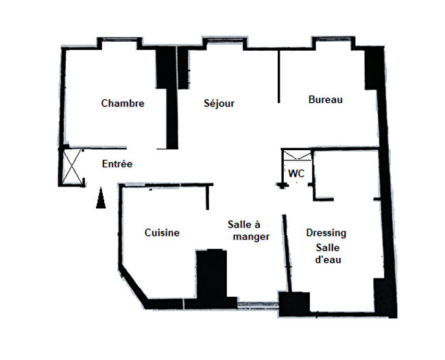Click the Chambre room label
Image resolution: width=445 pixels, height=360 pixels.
pos(123,104)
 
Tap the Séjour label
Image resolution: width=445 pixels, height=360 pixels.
pos(219,104)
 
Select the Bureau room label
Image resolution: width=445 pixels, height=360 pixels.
pos(325,100)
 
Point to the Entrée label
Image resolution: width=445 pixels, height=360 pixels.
pos(117,165)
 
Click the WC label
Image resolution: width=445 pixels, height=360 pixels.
pos(296,174)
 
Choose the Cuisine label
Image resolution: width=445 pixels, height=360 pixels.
pos(162,233)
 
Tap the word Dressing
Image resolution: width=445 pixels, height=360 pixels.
pos(326,233)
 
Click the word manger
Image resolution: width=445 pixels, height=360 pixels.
pos(251,237)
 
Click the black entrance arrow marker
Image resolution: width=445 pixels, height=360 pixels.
pos(101,199)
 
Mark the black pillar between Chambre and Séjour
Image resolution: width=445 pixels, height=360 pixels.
pos(165,69)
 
